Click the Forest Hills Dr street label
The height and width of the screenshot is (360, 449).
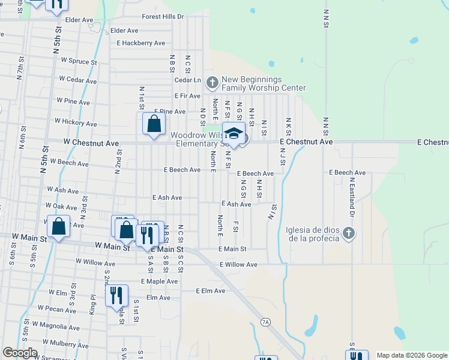tap(163, 17)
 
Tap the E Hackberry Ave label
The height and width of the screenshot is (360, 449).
tap(141, 43)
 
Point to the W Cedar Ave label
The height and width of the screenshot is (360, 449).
tap(77, 80)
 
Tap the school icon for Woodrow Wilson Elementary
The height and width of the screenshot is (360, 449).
tap(233, 134)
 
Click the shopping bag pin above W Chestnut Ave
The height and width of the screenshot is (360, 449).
tap(154, 125)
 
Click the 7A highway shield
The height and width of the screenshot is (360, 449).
tap(266, 322)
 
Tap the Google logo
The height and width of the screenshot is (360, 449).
tap(20, 353)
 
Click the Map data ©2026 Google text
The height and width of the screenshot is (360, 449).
tap(412, 355)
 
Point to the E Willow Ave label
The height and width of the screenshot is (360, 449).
tap(238, 265)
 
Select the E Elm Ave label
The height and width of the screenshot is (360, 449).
tap(210, 290)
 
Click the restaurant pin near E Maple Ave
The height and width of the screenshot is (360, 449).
tap(116, 295)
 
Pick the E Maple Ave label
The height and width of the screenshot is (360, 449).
tap(160, 281)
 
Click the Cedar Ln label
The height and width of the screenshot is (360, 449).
tap(187, 80)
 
